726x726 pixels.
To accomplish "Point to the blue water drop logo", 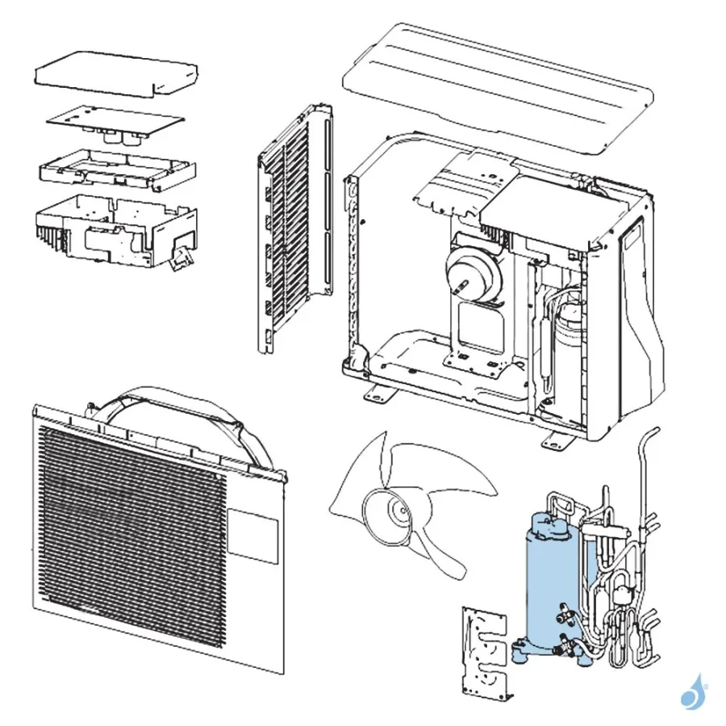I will click(692, 692).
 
